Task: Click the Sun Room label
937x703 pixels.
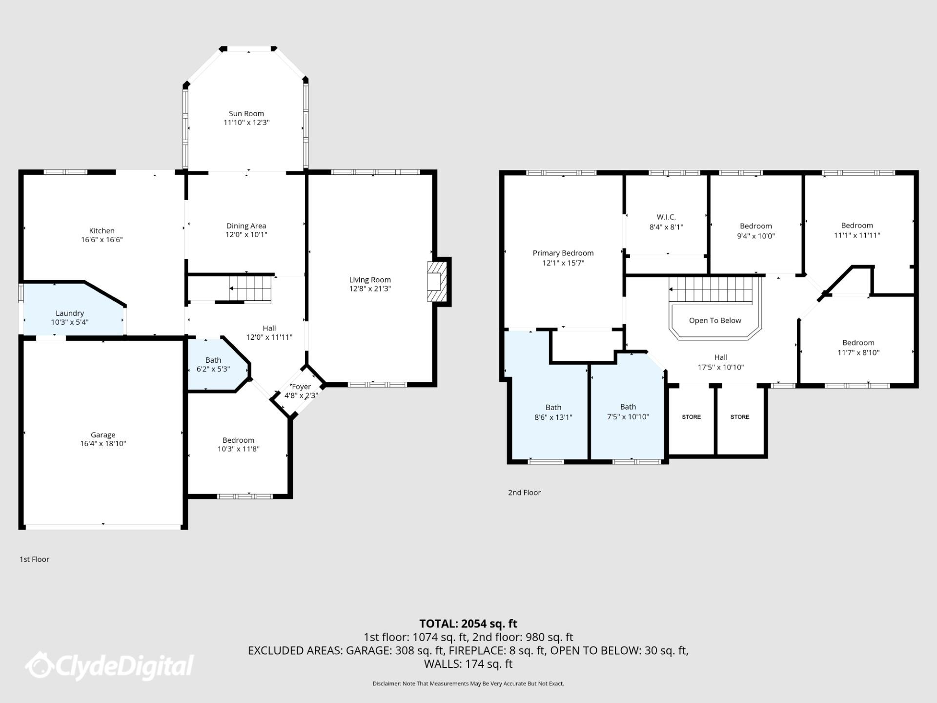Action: [246, 114]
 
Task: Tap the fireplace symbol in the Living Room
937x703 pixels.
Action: [437, 282]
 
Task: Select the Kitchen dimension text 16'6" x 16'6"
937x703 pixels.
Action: [102, 240]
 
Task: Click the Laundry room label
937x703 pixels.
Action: [70, 313]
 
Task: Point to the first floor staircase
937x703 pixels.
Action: [250, 289]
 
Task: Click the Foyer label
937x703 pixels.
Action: [301, 387]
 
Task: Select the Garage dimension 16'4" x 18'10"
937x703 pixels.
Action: [103, 444]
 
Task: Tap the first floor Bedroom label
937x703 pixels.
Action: [238, 440]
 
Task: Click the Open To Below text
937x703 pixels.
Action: [715, 321]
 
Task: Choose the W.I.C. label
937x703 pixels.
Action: [666, 217]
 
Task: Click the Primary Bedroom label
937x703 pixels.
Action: [563, 253]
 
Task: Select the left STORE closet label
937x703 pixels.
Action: [691, 417]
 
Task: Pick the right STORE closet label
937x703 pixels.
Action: [739, 417]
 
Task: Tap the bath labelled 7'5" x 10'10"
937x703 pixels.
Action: [628, 412]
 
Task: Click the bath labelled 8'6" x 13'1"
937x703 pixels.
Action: [553, 412]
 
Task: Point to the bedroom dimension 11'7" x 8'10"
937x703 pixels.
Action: [858, 352]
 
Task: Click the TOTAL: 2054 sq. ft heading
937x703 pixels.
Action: [468, 624]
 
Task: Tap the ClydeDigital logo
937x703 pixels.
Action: [110, 666]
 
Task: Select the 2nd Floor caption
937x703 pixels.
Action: [524, 493]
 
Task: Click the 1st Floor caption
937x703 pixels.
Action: [34, 559]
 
